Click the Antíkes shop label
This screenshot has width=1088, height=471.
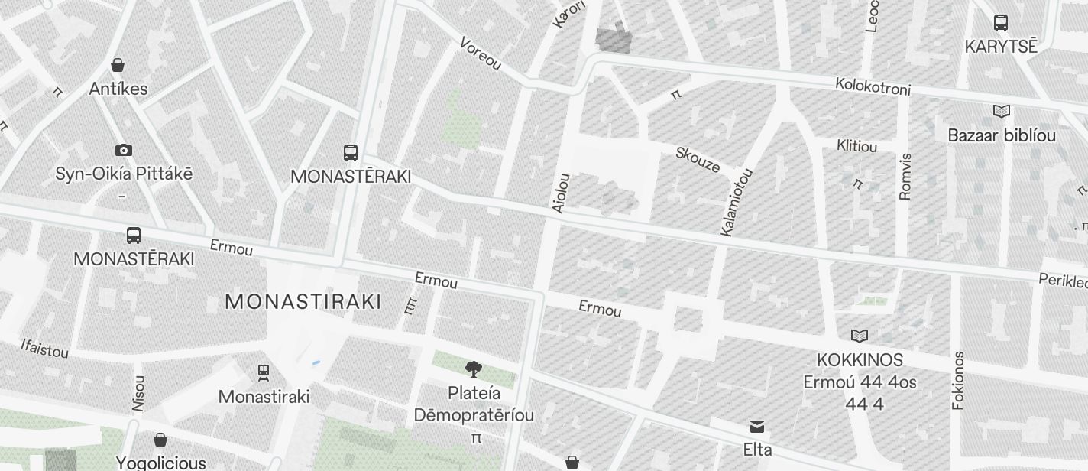(118, 89)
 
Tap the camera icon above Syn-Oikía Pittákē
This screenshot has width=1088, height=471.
(123, 150)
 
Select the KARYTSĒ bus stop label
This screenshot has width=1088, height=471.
(1001, 46)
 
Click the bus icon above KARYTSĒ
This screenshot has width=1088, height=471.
(1001, 23)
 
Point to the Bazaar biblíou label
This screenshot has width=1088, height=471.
(1002, 135)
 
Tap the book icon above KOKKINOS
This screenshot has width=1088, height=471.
(860, 336)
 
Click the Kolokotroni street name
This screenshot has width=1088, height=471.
(873, 86)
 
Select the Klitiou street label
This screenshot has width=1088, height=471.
(856, 145)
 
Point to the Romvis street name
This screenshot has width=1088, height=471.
(905, 177)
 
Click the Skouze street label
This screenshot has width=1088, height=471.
(698, 160)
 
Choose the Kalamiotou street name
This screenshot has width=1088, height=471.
(737, 202)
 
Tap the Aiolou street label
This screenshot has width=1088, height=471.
(561, 193)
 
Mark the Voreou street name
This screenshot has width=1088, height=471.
(481, 54)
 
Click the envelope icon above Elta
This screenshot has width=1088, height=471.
(757, 427)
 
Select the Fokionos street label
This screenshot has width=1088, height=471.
(959, 381)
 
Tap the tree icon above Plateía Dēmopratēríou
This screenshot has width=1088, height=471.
(474, 370)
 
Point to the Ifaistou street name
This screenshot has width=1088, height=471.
(45, 349)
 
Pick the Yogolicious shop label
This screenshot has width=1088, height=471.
(160, 463)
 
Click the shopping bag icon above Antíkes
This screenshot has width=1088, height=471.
(118, 65)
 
